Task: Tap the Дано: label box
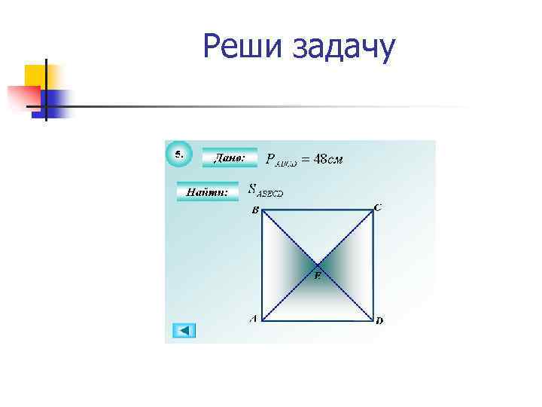point(229,158)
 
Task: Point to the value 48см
point(327,159)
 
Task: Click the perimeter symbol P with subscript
point(276,160)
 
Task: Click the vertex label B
point(254,211)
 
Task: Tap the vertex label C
point(377,207)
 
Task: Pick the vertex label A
point(253,319)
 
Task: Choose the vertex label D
point(379,320)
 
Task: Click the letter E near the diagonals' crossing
point(318,277)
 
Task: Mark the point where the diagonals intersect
point(318,265)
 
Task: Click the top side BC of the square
point(318,211)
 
